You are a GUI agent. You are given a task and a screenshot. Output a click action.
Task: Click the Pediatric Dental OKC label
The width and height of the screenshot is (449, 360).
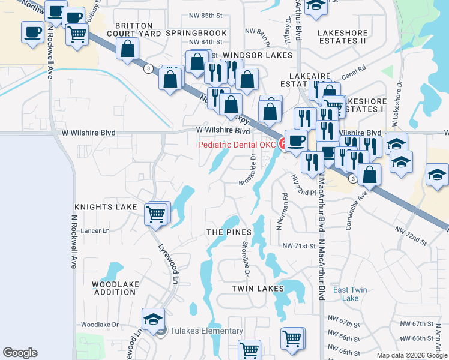tap(237, 145)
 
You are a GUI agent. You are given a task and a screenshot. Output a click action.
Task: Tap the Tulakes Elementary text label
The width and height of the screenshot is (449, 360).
tap(206, 331)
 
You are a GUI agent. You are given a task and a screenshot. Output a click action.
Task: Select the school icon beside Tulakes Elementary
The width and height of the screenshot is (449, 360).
tap(153, 319)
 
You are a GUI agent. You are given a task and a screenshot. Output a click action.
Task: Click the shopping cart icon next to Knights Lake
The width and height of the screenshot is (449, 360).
tap(155, 213)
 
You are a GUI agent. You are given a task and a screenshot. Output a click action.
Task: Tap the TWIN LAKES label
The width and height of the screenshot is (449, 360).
tap(258, 289)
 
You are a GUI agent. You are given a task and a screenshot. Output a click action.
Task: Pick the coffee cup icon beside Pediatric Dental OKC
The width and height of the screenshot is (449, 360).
tap(295, 140)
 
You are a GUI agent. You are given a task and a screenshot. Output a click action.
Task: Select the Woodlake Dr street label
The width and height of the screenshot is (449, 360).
tap(100, 324)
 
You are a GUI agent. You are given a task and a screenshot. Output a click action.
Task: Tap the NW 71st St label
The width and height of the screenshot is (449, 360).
tap(299, 246)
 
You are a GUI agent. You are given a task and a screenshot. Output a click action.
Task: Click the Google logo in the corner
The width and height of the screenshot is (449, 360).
tap(20, 353)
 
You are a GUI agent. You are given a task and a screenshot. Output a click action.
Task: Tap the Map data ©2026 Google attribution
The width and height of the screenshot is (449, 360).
tap(411, 355)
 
